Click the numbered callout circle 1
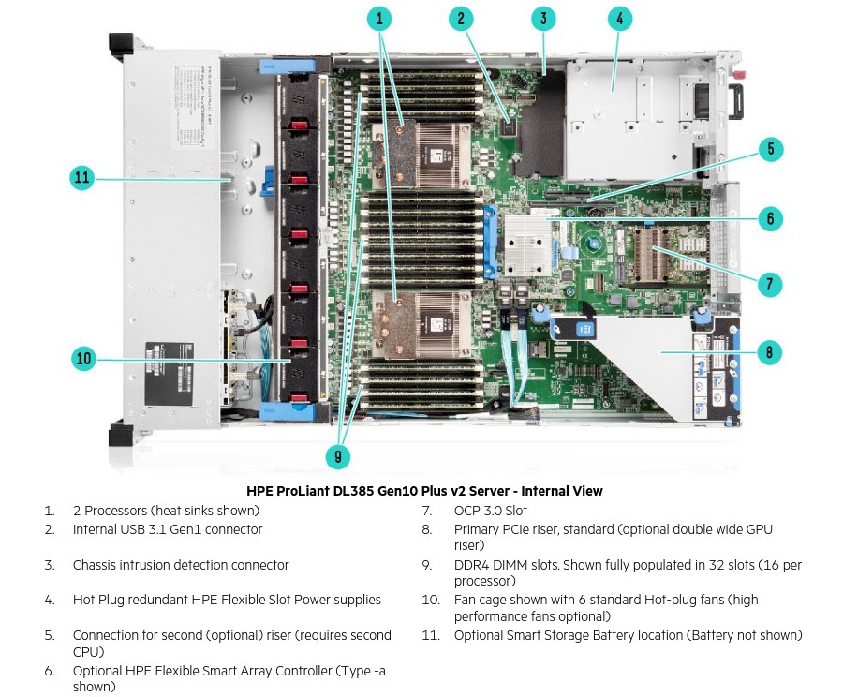tap(379, 18)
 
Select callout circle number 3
tap(543, 18)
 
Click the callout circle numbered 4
tap(619, 18)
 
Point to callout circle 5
tap(770, 149)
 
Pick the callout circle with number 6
tap(770, 218)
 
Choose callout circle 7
tap(770, 284)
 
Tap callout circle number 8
tap(770, 352)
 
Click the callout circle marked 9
tap(337, 456)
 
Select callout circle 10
tap(84, 358)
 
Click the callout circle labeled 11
tap(82, 177)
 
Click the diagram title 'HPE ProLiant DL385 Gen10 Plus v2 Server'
tap(424, 491)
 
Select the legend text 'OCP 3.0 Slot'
tap(490, 511)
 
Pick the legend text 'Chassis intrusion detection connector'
tap(181, 565)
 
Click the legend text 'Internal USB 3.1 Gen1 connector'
tap(168, 529)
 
